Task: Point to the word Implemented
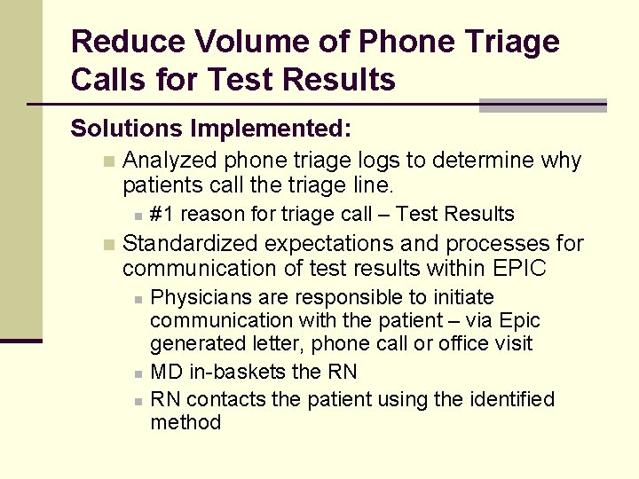(x=271, y=129)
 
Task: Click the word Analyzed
(x=170, y=161)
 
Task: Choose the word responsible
(x=323, y=297)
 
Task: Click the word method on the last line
(x=185, y=422)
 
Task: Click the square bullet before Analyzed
(x=108, y=161)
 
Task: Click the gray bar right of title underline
(x=542, y=106)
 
